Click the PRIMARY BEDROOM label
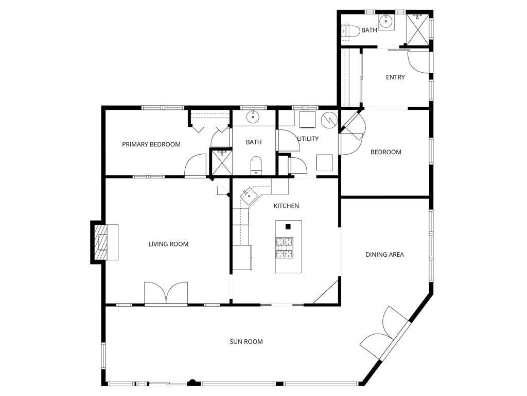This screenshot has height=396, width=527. click(x=151, y=144)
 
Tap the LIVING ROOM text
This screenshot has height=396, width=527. click(x=168, y=244)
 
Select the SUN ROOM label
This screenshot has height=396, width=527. click(x=247, y=342)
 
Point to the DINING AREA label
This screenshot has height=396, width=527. click(x=385, y=255)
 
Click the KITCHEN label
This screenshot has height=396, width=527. click(x=286, y=206)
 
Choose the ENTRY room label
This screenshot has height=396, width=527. click(x=395, y=77)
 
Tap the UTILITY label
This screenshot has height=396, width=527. click(x=308, y=139)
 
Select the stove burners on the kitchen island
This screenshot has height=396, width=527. click(x=284, y=247)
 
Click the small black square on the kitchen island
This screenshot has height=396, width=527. click(x=288, y=227)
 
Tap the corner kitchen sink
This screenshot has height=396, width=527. click(x=249, y=195)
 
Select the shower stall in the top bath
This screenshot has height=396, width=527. click(x=418, y=29)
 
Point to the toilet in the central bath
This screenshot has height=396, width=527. click(x=256, y=166)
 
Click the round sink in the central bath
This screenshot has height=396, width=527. click(x=253, y=117)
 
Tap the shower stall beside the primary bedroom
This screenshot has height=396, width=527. click(x=221, y=162)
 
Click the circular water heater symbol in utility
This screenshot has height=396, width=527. click(x=329, y=120)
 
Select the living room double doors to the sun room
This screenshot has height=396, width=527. click(x=166, y=293)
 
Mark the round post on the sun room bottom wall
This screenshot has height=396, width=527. click(x=192, y=382)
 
